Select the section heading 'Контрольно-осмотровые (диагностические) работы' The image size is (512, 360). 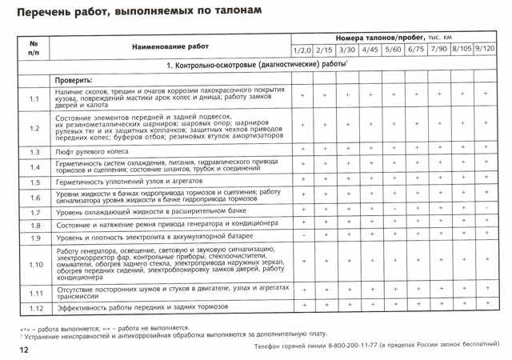click(261, 64)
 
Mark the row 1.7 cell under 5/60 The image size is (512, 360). click(394, 210)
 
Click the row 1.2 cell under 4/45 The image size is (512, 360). click(371, 126)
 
